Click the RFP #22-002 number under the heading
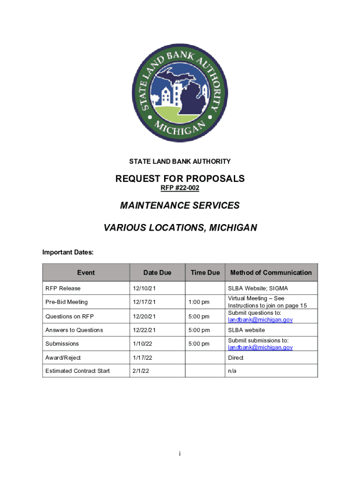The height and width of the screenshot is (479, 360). coord(180,188)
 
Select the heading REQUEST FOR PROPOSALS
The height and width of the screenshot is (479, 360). coord(180,179)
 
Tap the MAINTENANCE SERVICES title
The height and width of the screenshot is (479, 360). coord(180,205)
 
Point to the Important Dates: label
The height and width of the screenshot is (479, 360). coord(68,253)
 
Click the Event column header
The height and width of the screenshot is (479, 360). coord(86,273)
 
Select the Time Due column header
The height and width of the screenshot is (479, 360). coord(205,273)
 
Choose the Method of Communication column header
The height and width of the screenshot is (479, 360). coord(271,273)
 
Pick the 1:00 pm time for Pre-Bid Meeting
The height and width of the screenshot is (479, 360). coord(199,302)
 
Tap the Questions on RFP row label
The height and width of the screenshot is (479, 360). coord(70,316)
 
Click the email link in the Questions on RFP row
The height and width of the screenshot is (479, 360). coord(260,320)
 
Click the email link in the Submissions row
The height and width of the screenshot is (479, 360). coord(260,348)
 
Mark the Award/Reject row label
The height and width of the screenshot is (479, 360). coord(63,358)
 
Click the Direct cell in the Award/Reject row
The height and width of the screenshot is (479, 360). coord(236,358)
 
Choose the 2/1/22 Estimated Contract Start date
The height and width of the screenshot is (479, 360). coord(140,371)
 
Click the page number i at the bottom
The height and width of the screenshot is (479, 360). coord(180,454)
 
